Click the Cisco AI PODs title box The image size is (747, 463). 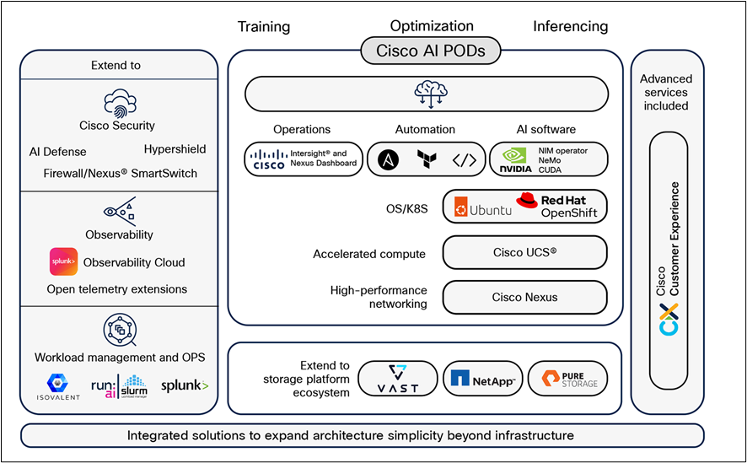[x=431, y=51]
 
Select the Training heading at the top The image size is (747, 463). [x=263, y=26]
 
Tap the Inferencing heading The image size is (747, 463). [x=570, y=26]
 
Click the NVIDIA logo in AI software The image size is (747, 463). [x=516, y=159]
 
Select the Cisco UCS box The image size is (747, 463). [x=524, y=252]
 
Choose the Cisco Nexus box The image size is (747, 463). [x=524, y=297]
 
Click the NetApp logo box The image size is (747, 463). [x=483, y=380]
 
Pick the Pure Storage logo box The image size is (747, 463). [x=567, y=380]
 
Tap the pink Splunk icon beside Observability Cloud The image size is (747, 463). [x=64, y=261]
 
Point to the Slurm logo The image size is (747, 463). [x=134, y=386]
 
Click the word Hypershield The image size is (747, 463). [x=175, y=149]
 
